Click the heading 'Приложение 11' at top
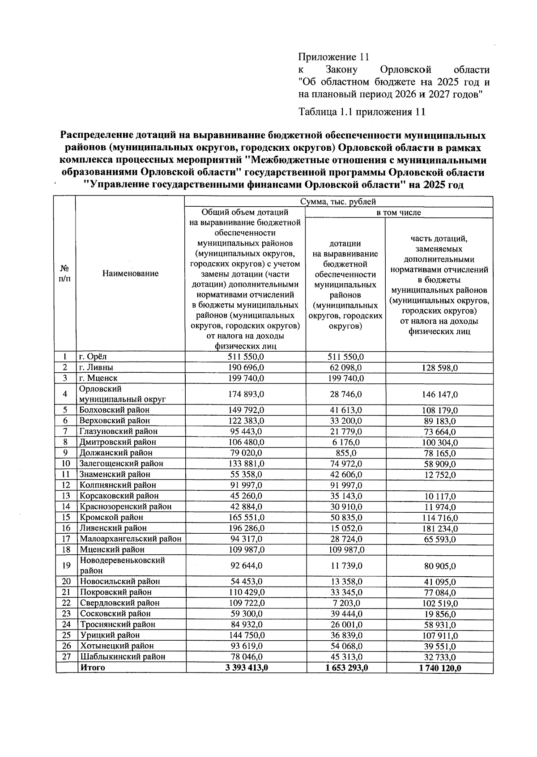[333, 57]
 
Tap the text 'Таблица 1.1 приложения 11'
[361, 112]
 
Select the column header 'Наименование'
[130, 273]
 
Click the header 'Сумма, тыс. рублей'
[338, 202]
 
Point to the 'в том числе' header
[399, 213]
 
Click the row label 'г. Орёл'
[93, 357]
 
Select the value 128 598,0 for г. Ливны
[439, 368]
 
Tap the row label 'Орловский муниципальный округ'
[122, 394]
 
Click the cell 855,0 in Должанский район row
[345, 453]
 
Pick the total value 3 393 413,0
[246, 668]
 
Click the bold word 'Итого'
[92, 668]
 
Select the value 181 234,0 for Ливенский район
[439, 529]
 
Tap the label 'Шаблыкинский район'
[122, 657]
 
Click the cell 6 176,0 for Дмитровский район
[345, 442]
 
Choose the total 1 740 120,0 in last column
[439, 668]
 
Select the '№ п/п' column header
[65, 273]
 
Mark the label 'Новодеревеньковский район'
[122, 566]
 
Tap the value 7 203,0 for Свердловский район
[345, 603]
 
